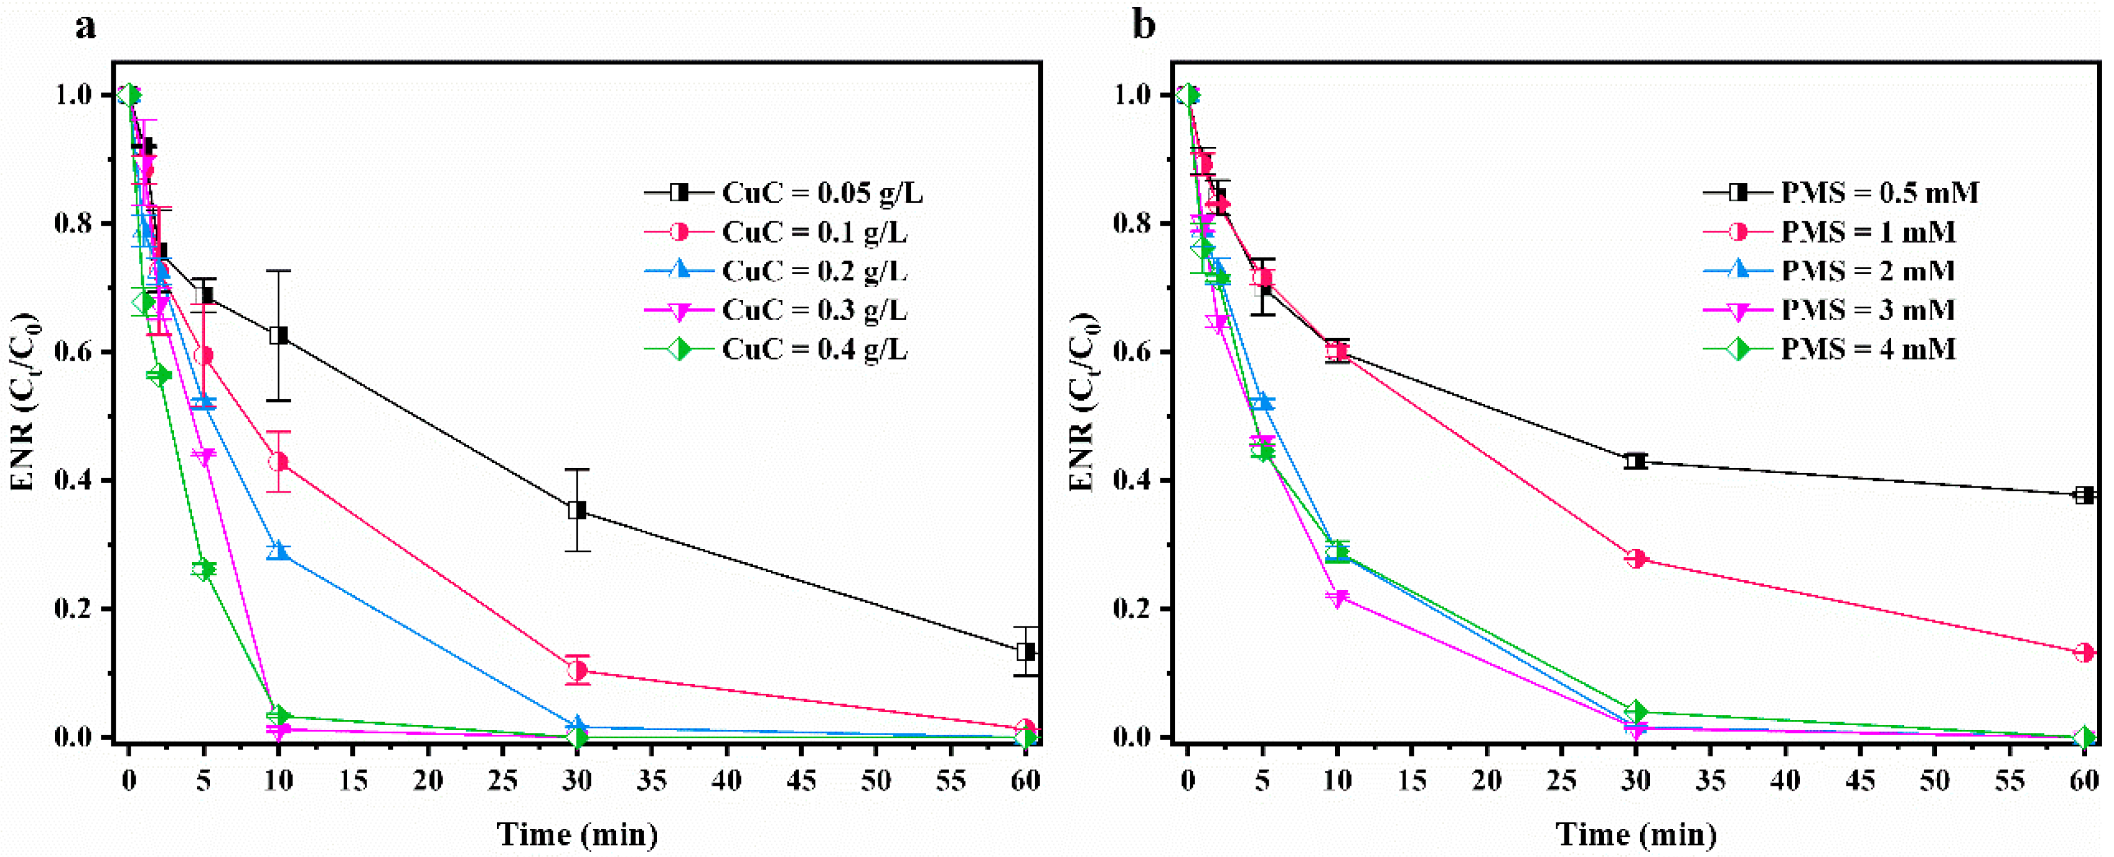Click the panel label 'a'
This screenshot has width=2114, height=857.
[85, 26]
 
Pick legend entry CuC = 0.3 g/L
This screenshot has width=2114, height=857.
[814, 311]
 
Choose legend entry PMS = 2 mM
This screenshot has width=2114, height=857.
[1868, 271]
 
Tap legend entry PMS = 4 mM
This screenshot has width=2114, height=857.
[1868, 350]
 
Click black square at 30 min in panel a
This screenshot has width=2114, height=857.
[578, 510]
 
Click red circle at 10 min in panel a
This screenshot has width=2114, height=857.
[279, 462]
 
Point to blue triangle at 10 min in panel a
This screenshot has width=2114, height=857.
[279, 551]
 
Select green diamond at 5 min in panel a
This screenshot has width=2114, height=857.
[204, 569]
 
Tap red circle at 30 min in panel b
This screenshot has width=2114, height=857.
[1636, 558]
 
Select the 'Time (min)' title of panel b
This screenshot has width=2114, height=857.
[1636, 835]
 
